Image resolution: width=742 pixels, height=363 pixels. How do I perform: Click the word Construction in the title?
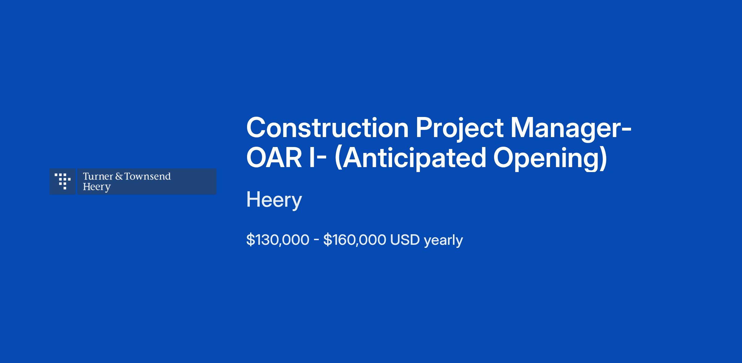click(327, 128)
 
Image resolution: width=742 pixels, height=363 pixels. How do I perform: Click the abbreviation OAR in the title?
click(274, 158)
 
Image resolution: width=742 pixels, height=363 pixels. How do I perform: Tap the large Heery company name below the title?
click(274, 201)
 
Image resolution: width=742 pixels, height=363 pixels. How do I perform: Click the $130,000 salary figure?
click(278, 240)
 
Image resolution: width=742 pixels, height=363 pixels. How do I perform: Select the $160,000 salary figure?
click(355, 240)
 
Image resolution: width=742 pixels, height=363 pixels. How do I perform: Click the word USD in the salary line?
click(405, 240)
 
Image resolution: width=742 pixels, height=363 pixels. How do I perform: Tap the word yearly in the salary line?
click(443, 241)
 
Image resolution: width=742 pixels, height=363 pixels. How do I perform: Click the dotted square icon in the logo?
click(62, 181)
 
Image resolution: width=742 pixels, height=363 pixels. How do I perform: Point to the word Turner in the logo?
click(98, 176)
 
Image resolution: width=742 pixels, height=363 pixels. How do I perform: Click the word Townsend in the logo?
click(147, 176)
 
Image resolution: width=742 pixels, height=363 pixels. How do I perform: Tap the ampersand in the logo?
click(119, 176)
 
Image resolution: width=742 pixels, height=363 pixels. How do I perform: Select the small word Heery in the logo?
click(97, 187)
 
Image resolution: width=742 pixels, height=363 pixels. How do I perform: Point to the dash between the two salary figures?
click(316, 240)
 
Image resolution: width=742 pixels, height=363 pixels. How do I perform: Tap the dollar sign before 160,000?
click(327, 240)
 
